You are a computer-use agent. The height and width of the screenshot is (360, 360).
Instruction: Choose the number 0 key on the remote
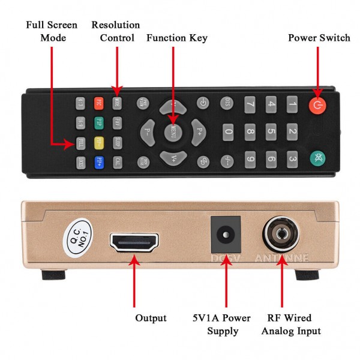tap(228, 131)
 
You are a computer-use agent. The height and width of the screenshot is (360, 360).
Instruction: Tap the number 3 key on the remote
tap(292, 159)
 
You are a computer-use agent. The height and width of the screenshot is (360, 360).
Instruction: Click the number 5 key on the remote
tap(271, 131)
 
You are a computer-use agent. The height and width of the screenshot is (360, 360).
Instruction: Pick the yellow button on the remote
tap(99, 143)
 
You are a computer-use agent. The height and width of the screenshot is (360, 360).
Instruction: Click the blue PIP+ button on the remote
tap(99, 161)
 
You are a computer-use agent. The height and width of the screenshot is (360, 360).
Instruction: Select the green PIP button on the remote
tap(99, 123)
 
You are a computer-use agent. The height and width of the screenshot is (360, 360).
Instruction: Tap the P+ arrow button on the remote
tap(199, 130)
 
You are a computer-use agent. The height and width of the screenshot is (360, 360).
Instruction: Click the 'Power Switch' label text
tap(319, 38)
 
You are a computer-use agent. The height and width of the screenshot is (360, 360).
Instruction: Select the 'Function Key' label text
tap(177, 38)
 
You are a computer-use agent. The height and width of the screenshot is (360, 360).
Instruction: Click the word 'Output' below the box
tap(151, 317)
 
